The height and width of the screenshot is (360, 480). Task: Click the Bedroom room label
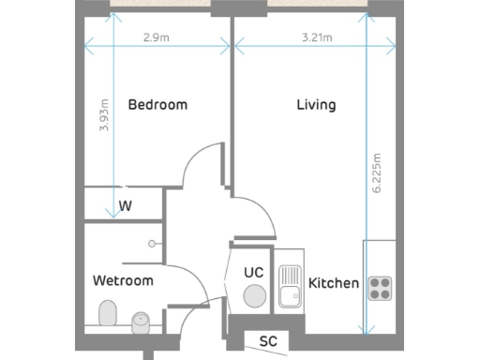click(157, 105)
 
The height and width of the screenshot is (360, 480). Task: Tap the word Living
click(316, 105)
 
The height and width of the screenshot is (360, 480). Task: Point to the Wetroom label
click(123, 280)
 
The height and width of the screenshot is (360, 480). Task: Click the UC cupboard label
click(253, 272)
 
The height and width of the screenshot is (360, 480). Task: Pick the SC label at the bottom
click(268, 340)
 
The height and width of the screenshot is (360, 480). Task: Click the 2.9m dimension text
click(156, 38)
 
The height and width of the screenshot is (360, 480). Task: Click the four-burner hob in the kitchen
click(379, 288)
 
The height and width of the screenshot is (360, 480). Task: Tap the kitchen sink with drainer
click(290, 284)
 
